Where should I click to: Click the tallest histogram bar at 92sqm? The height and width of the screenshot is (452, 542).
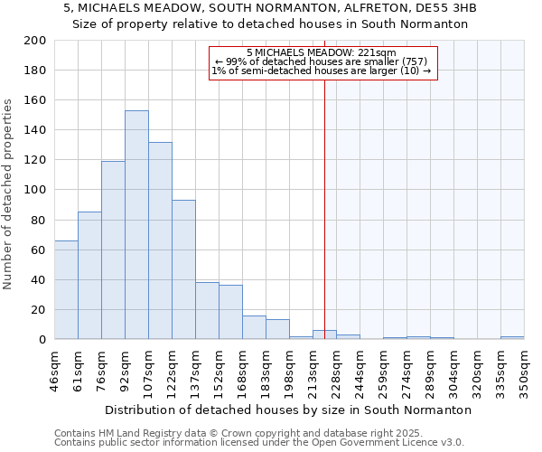pos(136,225)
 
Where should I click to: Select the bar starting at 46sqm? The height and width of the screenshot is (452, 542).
pos(66,289)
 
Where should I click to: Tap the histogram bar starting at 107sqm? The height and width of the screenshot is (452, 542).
pos(160,240)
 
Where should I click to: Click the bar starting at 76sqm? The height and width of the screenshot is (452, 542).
pos(113,250)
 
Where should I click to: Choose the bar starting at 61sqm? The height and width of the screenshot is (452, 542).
pos(89,276)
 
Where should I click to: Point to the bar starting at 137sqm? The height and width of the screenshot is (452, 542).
pos(207,311)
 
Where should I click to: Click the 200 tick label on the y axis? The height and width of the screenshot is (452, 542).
pos(34,41)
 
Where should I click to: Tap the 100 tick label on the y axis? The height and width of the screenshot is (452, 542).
pos(34,190)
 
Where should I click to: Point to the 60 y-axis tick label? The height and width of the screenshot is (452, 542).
pos(37,250)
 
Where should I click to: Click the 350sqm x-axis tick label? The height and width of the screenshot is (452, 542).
pos(524,372)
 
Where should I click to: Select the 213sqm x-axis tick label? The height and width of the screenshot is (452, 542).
pos(313,372)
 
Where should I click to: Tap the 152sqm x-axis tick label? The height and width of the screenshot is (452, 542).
pos(219,372)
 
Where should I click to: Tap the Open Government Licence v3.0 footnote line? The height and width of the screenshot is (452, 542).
pos(259,442)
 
